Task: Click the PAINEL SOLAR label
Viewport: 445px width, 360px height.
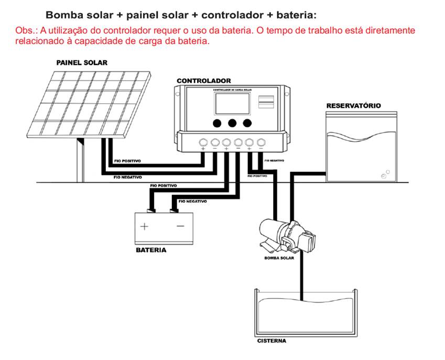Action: tap(82, 63)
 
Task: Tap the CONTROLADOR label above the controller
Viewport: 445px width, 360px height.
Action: tap(203, 81)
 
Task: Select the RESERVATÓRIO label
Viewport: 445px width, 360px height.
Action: tap(354, 106)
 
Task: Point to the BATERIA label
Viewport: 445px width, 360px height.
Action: tap(151, 250)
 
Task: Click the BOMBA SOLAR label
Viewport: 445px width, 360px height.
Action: tap(279, 258)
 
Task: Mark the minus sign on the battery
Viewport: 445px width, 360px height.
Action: tap(180, 226)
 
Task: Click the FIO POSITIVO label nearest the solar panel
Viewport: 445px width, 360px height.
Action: tap(127, 161)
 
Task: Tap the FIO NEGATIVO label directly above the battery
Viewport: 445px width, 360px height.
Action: tap(192, 201)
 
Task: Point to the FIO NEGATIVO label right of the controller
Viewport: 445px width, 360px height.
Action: tap(275, 160)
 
